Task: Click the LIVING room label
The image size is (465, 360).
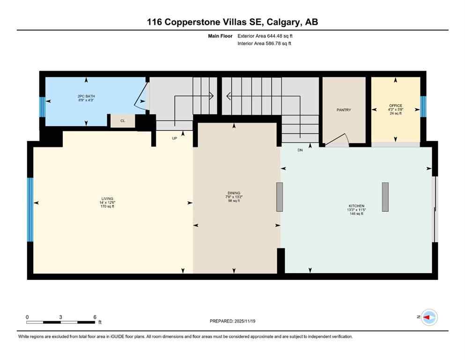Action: coord(107,199)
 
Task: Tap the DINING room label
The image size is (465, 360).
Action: coord(234,193)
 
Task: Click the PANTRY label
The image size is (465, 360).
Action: coord(344,110)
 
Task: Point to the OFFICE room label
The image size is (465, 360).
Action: coord(396,106)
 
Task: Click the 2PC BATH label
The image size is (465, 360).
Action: coord(86,97)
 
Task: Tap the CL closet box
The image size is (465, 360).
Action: coord(123,121)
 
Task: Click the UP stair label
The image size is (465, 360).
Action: coord(174,138)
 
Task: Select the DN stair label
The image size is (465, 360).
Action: coord(300,150)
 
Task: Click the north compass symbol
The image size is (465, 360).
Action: coord(428,317)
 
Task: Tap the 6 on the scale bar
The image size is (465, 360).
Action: coord(95,317)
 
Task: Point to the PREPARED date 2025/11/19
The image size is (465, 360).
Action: coord(232,321)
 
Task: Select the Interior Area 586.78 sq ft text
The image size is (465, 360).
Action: coord(265,44)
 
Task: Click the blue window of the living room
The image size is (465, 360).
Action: coord(30,210)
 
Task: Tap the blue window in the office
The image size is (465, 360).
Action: coord(423,106)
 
